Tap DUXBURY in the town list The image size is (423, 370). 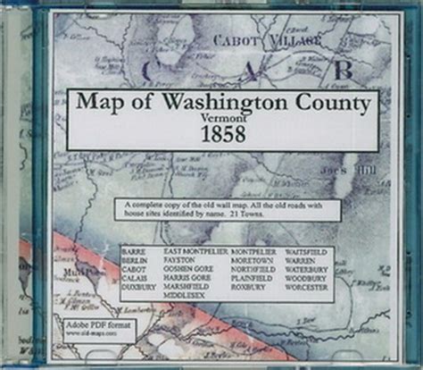click(138, 287)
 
